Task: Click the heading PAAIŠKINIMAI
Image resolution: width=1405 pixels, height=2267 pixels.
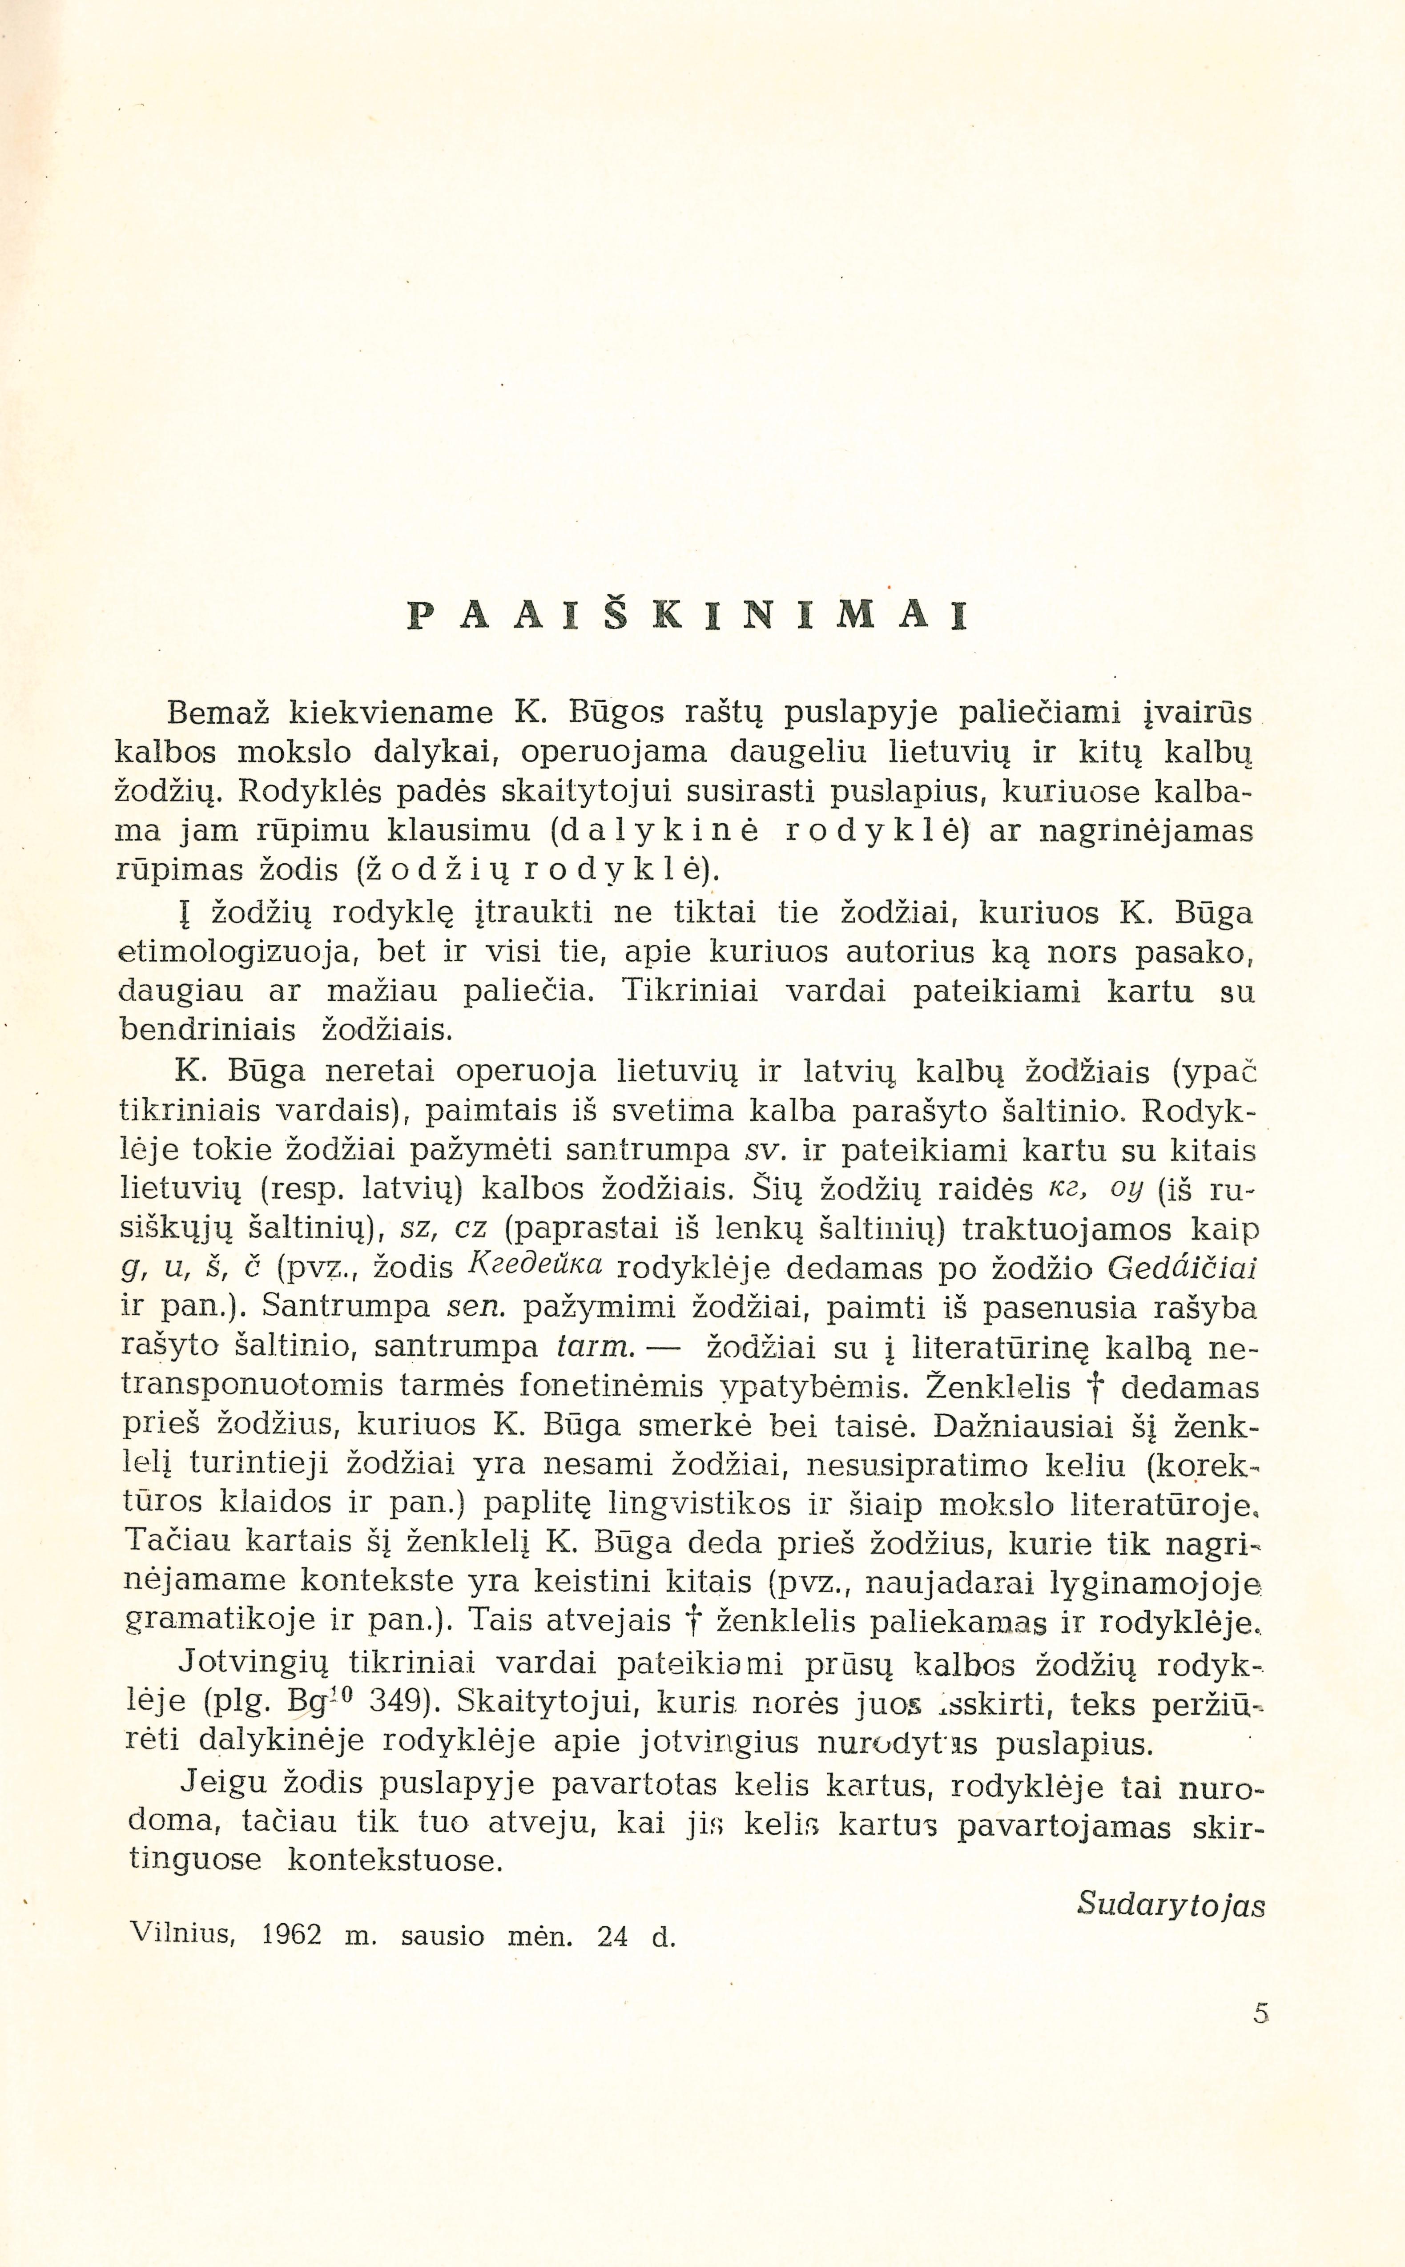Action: [x=688, y=616]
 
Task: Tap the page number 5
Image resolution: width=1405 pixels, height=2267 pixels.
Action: [x=1260, y=2013]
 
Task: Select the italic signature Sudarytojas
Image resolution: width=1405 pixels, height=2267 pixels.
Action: [x=1171, y=1905]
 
